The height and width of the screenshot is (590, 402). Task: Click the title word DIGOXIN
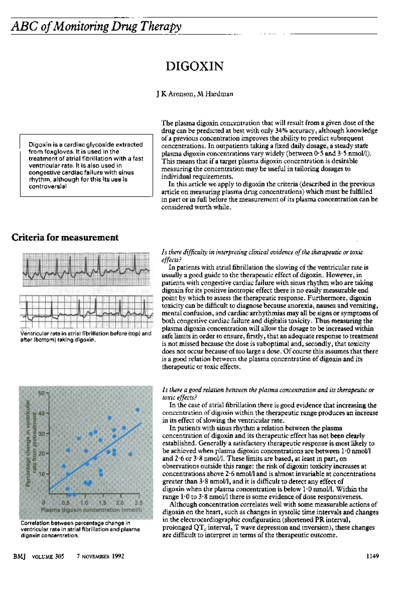[x=194, y=66]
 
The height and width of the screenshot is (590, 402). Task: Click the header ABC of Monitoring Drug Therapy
[x=96, y=26]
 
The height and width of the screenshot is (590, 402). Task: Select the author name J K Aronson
[x=175, y=94]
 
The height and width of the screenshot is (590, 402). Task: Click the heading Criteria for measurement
[x=65, y=238]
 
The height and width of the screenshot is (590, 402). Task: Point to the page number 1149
[x=373, y=556]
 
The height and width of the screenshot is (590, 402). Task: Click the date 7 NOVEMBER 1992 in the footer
[x=100, y=556]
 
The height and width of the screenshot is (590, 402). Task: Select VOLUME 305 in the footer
[x=48, y=556]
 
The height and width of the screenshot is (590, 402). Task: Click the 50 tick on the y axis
[x=41, y=393]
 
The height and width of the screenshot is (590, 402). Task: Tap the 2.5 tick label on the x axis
[x=138, y=503]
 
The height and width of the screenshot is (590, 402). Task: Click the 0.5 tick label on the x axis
[x=66, y=503]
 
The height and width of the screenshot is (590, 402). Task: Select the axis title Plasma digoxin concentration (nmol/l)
[x=91, y=510]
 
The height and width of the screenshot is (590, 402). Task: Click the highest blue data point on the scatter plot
[x=137, y=410]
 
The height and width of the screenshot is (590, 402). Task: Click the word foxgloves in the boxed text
[x=58, y=152]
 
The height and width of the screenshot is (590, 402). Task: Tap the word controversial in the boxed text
[x=48, y=187]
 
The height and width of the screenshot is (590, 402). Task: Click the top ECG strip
[x=86, y=269]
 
